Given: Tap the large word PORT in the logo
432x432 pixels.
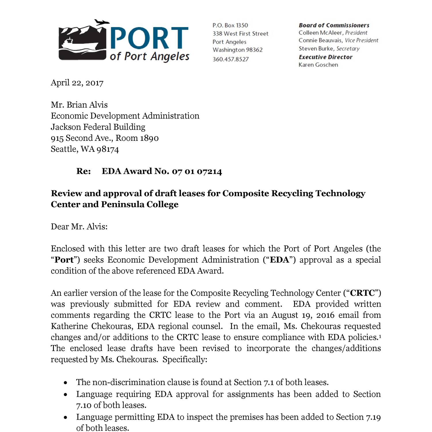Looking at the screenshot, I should [149, 38].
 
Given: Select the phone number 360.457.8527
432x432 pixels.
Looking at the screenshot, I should [230, 59].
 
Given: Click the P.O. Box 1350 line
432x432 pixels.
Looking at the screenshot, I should [230, 25].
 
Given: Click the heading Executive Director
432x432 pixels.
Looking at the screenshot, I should [325, 57].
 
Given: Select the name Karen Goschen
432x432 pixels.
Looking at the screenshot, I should [318, 65].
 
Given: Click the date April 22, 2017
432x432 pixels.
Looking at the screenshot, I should [77, 83].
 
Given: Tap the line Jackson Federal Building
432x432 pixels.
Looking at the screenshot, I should [98, 127].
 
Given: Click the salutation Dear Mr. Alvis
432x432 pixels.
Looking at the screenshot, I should [79, 227].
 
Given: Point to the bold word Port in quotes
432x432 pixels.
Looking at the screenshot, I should [64, 260].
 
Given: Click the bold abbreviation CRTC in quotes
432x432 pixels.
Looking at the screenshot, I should [362, 293].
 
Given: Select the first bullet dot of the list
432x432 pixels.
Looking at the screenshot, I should [66, 383].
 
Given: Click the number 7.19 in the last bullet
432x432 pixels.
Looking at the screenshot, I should [373, 417].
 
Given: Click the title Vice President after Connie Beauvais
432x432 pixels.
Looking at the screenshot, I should [361, 41].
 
